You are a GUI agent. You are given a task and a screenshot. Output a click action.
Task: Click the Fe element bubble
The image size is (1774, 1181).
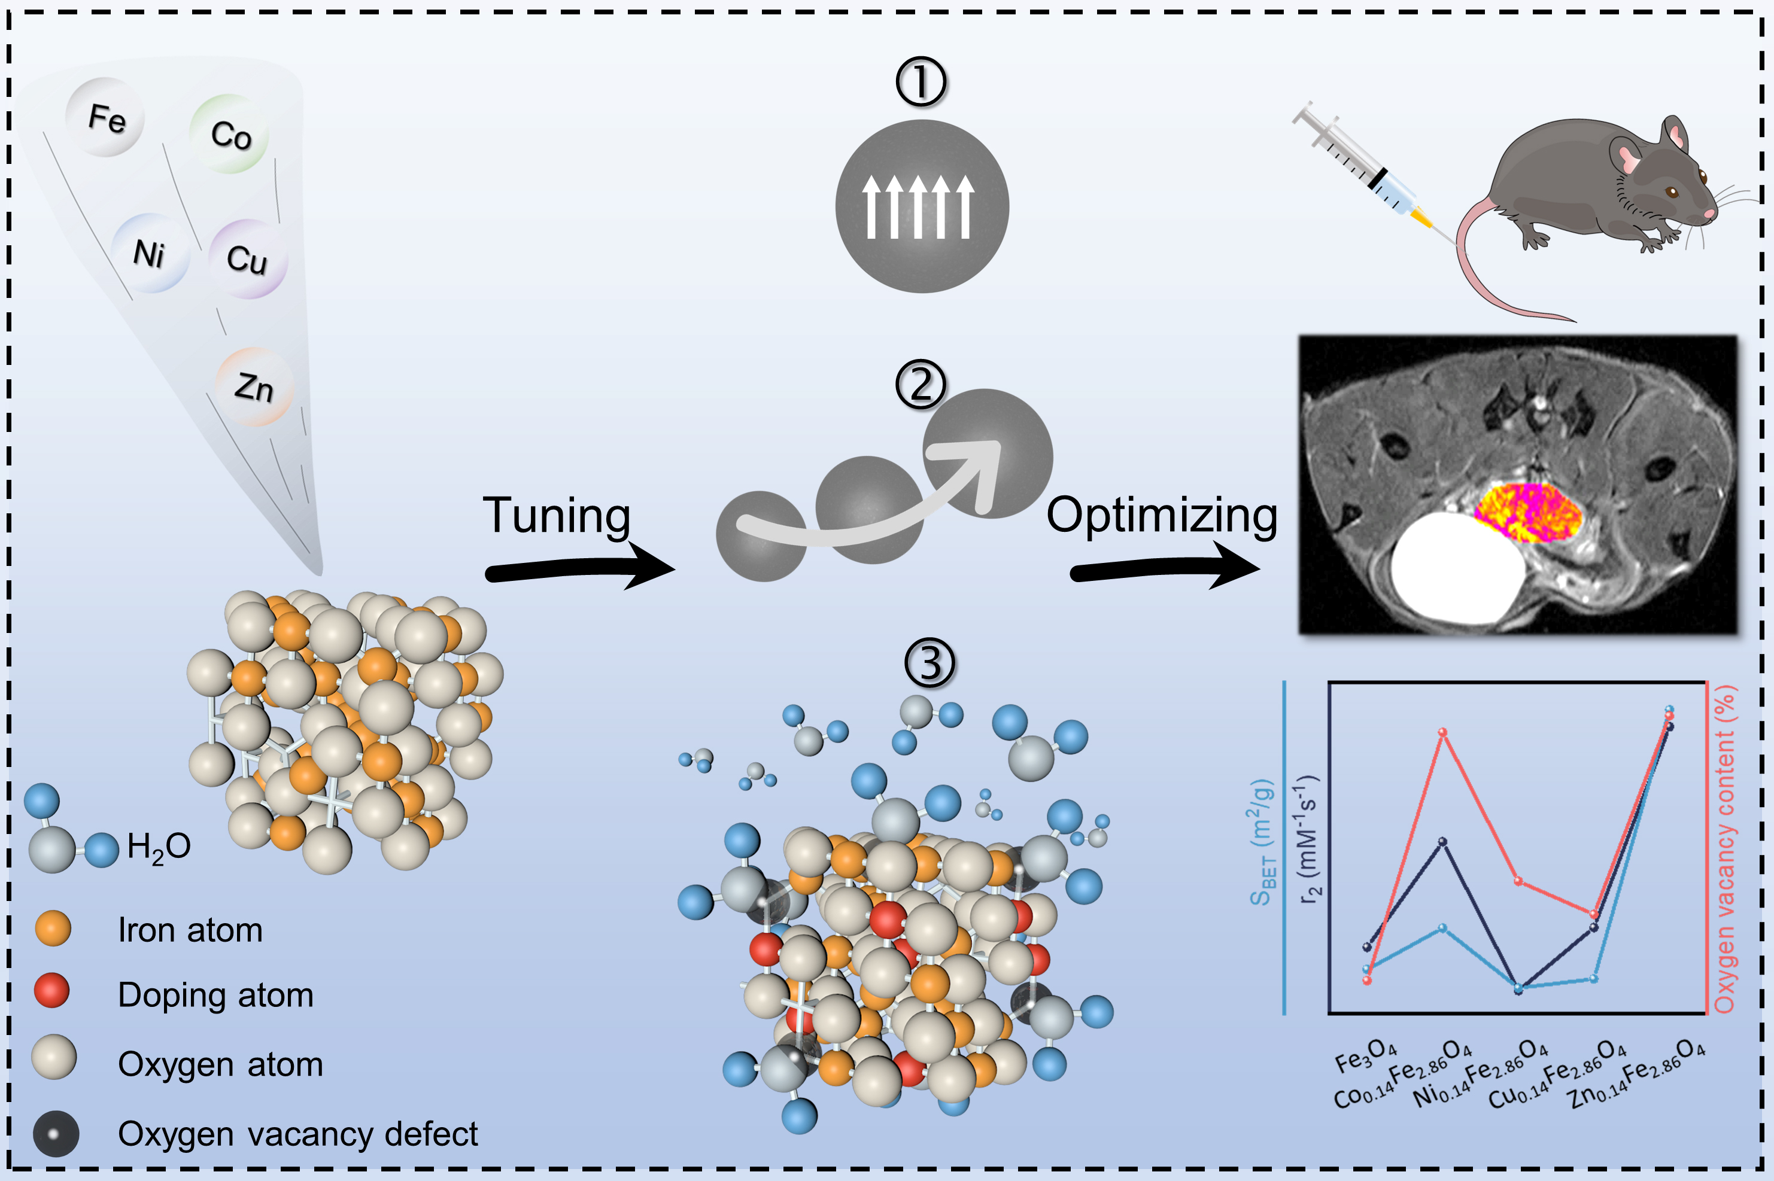pos(105,117)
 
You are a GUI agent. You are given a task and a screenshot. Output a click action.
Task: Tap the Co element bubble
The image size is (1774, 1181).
pos(229,134)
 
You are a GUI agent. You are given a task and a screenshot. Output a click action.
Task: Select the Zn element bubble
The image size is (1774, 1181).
pos(253,386)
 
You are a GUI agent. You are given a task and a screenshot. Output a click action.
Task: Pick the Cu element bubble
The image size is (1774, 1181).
pos(247,258)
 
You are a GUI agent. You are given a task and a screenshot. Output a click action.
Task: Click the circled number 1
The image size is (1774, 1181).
pos(921,82)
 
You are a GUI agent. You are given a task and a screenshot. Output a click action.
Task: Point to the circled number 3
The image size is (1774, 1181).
pos(929,663)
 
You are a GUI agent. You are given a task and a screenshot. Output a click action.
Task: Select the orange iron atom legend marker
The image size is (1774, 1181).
pos(53,928)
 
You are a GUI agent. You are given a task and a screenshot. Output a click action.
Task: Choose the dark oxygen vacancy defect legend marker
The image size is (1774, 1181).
pos(55,1134)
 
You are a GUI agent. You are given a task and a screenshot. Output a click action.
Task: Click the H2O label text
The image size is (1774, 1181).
pos(158,847)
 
